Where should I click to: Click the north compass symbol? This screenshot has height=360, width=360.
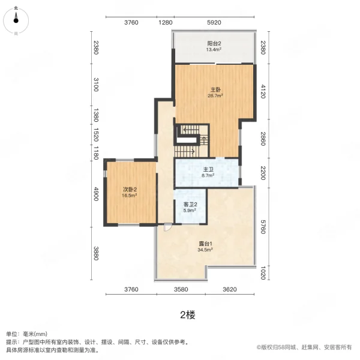point(16,20)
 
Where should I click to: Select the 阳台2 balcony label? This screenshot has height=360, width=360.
point(215,43)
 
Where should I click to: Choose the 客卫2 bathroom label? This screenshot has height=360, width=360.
point(191,205)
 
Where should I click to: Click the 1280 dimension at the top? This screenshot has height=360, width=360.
point(166,23)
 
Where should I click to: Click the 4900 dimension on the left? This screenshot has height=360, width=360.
point(95,195)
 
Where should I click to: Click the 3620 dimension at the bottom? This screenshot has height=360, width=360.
point(230,290)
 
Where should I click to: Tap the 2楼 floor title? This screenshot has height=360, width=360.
point(187,314)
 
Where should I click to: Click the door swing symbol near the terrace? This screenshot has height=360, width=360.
point(167,227)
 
